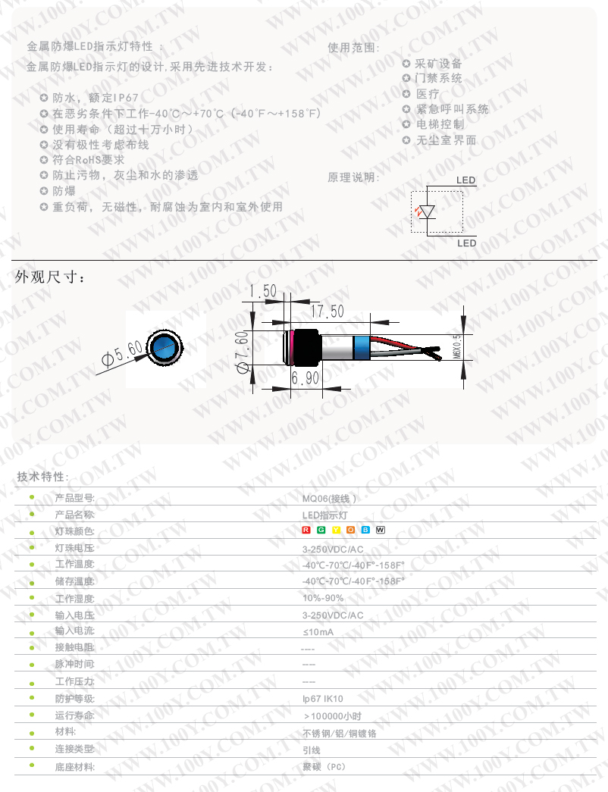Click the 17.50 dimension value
tap(327, 311)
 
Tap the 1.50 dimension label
tap(263, 290)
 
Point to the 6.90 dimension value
tap(305, 377)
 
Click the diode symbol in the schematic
tap(428, 211)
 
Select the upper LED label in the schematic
tap(466, 180)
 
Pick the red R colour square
tap(306, 529)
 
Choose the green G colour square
tap(321, 529)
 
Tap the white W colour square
tap(381, 529)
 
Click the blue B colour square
tap(365, 529)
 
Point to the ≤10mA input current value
tap(318, 631)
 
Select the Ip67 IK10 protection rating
tap(322, 699)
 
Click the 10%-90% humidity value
tap(322, 598)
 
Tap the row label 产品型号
tap(74, 499)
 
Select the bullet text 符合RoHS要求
tap(88, 160)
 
